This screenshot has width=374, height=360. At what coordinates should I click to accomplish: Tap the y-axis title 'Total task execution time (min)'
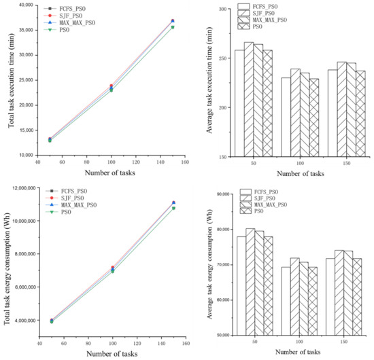tap(5, 79)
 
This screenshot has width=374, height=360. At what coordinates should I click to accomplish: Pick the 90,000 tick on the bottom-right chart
tap(218, 194)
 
